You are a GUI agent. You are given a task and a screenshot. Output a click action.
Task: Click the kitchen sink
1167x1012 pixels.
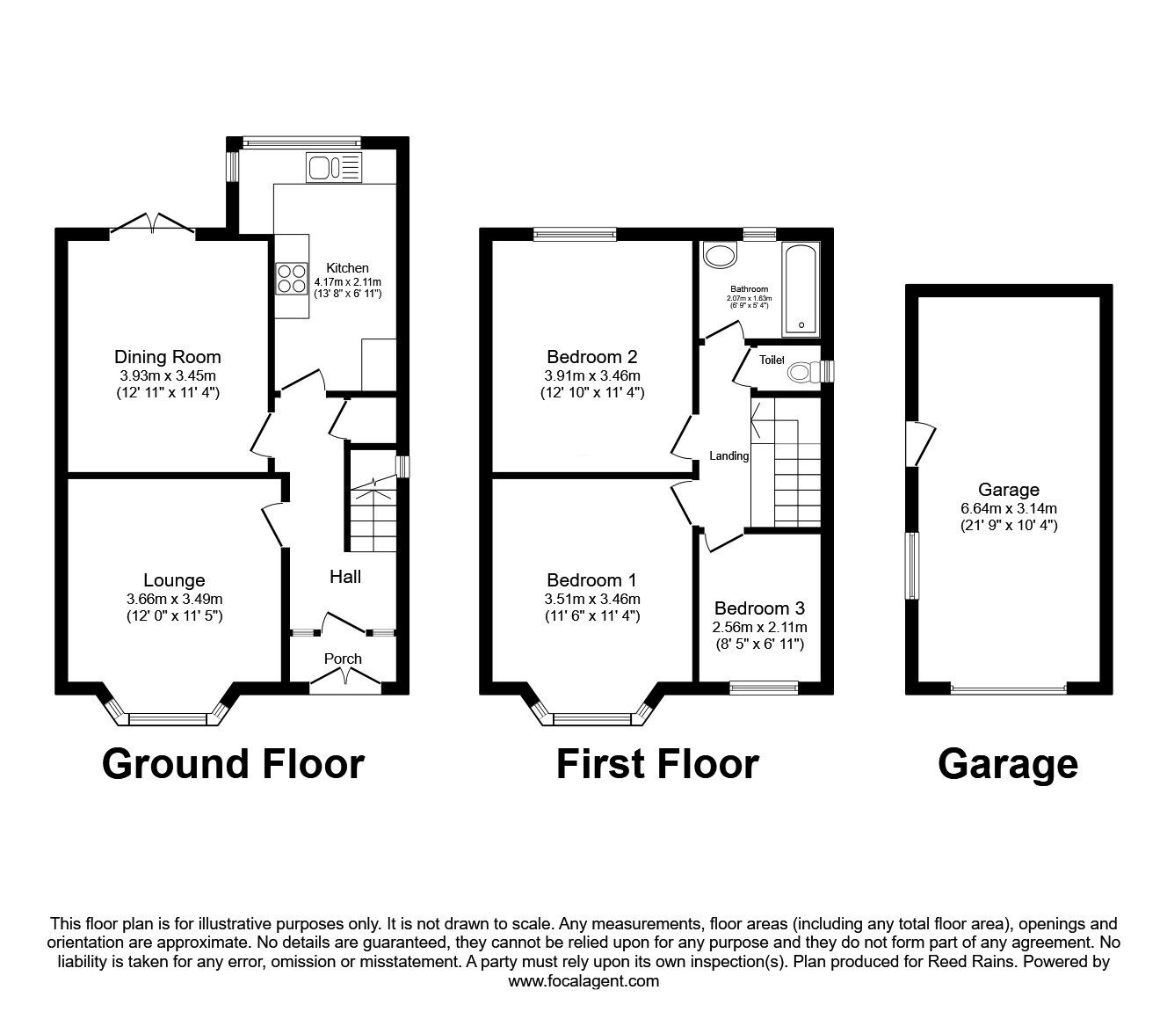tap(334, 167)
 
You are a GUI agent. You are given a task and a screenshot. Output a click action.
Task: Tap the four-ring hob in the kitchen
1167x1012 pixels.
tap(292, 279)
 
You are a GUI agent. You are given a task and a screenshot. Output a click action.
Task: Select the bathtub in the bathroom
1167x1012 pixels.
tap(800, 289)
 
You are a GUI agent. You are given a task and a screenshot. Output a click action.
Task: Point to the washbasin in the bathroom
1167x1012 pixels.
tap(721, 256)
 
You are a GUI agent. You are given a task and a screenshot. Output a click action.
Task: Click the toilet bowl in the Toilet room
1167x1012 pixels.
tap(804, 372)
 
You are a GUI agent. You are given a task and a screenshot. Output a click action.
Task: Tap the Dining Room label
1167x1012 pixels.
tap(168, 357)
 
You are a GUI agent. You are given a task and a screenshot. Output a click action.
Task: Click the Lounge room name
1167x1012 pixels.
tap(174, 579)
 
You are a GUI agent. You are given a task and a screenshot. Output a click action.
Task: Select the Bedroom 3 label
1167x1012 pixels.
tap(759, 608)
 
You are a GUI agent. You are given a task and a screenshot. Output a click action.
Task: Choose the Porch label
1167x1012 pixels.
tap(343, 659)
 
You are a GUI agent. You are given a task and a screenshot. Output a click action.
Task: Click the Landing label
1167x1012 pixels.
tap(728, 455)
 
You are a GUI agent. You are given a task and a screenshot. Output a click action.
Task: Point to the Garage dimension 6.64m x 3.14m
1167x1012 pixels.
tap(1009, 508)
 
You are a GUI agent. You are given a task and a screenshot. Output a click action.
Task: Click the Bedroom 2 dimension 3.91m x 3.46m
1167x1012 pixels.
tap(592, 375)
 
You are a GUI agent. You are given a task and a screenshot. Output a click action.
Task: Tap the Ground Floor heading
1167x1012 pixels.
tap(233, 765)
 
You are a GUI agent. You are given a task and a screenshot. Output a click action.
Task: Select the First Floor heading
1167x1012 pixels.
tap(657, 765)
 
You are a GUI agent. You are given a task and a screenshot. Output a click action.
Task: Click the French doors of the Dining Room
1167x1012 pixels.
tap(152, 225)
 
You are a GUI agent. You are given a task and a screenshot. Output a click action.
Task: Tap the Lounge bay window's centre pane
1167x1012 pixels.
tap(168, 719)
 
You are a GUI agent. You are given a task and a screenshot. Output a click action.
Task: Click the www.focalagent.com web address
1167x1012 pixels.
tap(583, 981)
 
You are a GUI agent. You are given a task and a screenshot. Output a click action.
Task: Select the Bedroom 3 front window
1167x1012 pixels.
tap(764, 688)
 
